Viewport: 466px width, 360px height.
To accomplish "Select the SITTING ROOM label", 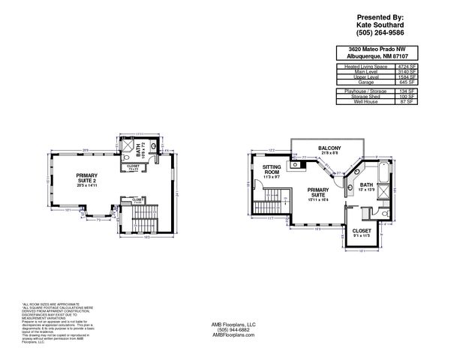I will click(x=272, y=172).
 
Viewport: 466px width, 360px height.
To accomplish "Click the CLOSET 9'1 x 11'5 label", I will click(x=361, y=232).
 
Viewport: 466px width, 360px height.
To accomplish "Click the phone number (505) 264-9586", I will click(x=380, y=32).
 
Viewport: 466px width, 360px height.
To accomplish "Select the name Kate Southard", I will click(x=380, y=24).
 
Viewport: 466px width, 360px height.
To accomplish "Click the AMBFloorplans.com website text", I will click(x=233, y=335).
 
